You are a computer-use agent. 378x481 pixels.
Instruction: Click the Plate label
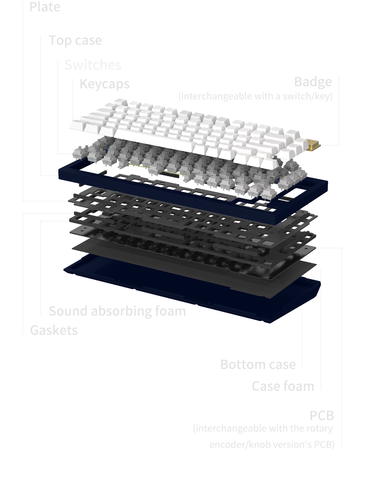[x=45, y=7]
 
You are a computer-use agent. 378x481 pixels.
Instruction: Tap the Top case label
[x=75, y=40]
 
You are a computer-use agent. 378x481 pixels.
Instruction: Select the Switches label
[x=93, y=65]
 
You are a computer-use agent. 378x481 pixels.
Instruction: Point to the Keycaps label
[x=105, y=84]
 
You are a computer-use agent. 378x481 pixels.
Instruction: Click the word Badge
[x=313, y=82]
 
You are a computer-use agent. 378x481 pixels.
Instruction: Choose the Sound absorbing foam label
[x=117, y=311]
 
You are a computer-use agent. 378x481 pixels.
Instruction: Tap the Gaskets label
[x=54, y=330]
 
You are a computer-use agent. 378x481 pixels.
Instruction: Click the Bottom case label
[x=258, y=364]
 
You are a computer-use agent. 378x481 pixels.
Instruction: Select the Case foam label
[x=283, y=386]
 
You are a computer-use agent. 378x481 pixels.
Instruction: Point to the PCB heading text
[x=322, y=416]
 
